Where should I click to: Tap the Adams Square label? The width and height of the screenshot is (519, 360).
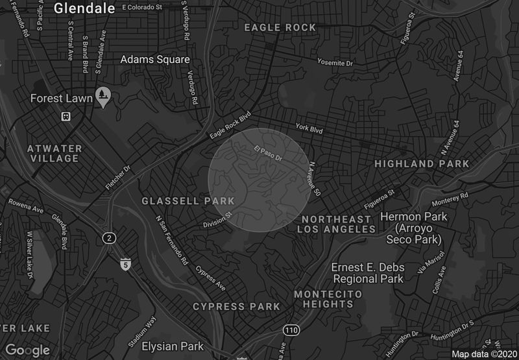click(x=155, y=59)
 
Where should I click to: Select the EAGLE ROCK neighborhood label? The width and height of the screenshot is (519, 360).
click(x=280, y=28)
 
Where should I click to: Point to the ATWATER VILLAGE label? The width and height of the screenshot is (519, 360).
click(x=54, y=154)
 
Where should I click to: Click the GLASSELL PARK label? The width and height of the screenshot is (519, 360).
click(x=188, y=201)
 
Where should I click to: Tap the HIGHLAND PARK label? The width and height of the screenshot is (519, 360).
click(x=422, y=164)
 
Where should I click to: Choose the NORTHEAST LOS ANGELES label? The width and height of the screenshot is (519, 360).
click(x=337, y=224)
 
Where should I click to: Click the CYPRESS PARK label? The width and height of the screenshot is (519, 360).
click(x=237, y=306)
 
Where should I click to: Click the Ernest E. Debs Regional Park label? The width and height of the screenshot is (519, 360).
click(x=368, y=273)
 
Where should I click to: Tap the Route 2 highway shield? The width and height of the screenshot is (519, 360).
click(x=109, y=239)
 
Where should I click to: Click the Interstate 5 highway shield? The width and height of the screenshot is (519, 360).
click(x=125, y=264)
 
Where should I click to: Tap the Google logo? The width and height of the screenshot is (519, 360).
click(x=27, y=350)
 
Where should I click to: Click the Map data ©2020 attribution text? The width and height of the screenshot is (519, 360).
click(x=483, y=354)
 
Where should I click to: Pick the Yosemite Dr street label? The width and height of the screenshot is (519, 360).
click(x=335, y=63)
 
